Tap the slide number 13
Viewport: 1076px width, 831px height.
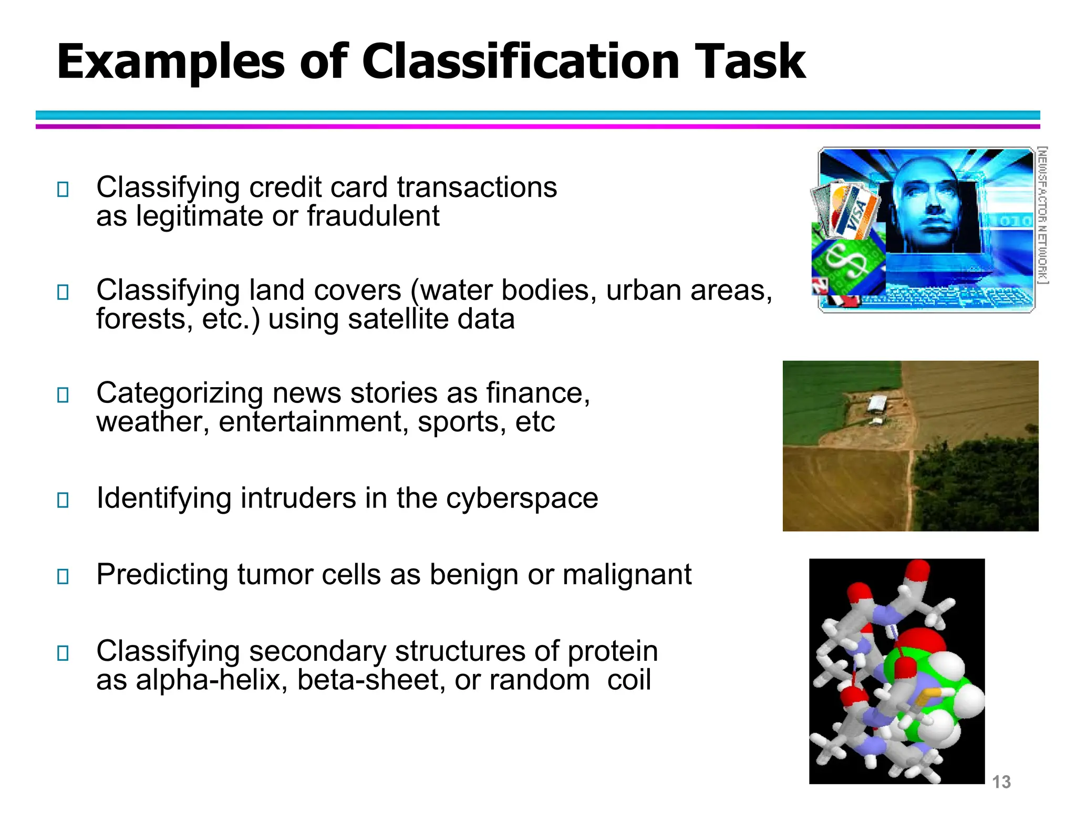point(1001,782)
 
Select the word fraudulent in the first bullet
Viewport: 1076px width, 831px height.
point(373,216)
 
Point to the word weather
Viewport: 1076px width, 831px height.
point(153,422)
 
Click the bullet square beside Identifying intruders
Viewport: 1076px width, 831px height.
point(63,500)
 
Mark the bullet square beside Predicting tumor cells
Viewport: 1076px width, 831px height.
point(63,576)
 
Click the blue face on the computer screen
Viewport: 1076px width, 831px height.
point(930,205)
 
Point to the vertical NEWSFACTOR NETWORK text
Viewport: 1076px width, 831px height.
point(1042,215)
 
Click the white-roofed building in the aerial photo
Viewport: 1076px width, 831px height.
point(877,404)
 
